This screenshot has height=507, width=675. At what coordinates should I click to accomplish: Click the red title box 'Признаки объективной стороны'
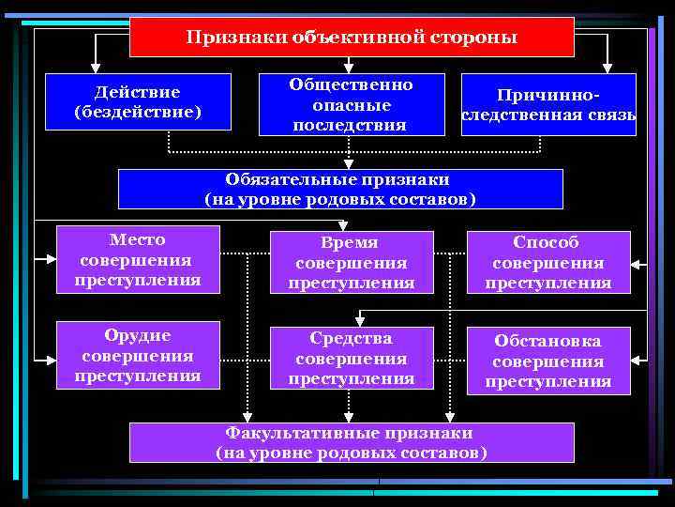point(351,37)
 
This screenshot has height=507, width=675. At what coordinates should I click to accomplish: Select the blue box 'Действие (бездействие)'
point(138,102)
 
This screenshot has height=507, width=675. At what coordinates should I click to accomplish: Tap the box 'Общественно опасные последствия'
point(351,104)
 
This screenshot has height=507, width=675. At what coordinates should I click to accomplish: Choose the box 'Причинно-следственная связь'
point(548,105)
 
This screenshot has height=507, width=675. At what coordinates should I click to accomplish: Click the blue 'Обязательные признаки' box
point(339,189)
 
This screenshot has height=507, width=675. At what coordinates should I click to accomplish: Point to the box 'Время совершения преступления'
point(351,262)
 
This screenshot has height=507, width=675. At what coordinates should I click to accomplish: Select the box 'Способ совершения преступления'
point(548,262)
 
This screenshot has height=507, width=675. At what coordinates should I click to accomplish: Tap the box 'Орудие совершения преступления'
point(138,356)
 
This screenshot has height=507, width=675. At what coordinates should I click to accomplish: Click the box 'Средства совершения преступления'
point(351,358)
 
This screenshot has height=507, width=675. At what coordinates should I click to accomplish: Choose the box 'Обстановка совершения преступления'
point(548,361)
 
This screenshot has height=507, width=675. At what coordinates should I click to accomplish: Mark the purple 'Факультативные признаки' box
point(351,442)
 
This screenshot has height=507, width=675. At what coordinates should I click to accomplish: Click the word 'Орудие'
point(138,336)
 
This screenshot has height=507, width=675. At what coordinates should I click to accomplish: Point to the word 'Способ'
point(548,242)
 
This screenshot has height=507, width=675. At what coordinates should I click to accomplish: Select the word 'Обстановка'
point(548,341)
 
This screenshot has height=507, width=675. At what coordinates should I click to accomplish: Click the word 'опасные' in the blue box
point(351,104)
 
